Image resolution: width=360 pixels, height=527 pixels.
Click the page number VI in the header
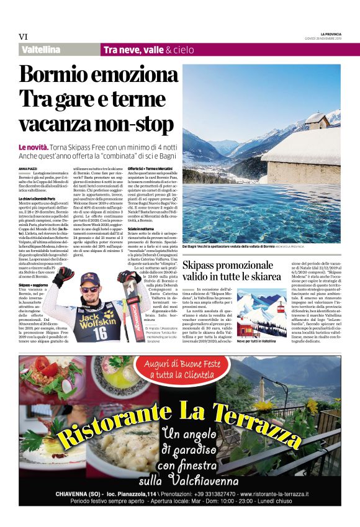point(24,37)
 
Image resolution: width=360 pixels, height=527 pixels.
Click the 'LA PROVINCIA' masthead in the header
point(330,33)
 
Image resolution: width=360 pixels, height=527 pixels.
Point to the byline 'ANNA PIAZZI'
point(28,168)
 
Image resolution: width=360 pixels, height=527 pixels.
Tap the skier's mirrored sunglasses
point(93,289)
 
